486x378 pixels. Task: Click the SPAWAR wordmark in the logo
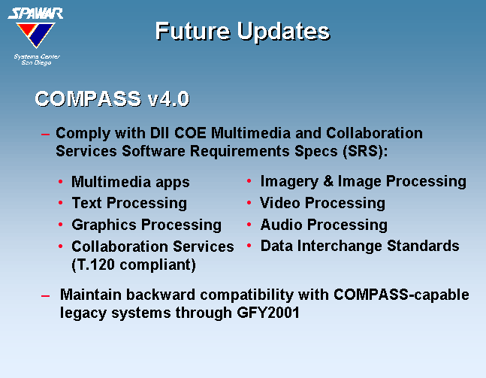point(35,14)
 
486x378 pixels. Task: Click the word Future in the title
point(193,31)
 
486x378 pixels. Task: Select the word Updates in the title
point(284,32)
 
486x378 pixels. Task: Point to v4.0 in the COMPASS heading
point(168,99)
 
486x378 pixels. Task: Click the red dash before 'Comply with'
point(45,135)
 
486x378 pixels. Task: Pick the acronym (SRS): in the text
point(365,151)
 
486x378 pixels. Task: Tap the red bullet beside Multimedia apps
point(60,181)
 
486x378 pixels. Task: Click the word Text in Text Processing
point(87,203)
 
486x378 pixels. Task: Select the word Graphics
point(104,225)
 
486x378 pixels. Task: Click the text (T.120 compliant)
point(134,265)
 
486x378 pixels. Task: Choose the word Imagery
point(289,181)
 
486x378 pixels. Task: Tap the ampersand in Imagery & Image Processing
point(328,181)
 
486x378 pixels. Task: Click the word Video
point(280,203)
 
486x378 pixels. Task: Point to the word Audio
point(282,225)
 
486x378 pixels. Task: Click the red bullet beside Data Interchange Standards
point(249,246)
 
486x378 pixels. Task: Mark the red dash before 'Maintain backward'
point(45,296)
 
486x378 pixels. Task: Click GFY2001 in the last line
point(268,313)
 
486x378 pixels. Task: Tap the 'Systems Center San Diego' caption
point(37,59)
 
